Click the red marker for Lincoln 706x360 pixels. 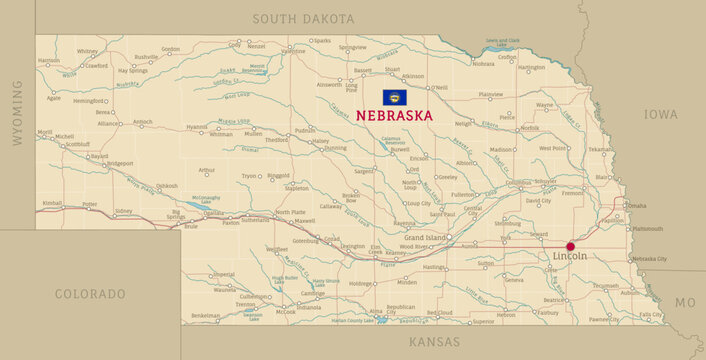point(571,246)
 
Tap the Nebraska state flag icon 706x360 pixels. point(393,98)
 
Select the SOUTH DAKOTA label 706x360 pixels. point(303,19)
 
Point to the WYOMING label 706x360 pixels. point(17,114)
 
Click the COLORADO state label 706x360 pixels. point(90,294)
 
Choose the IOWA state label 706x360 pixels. point(660,115)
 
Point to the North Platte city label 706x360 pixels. point(290,212)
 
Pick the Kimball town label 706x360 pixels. point(51,203)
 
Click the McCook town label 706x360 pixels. point(286,311)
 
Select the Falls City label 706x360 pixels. point(651,315)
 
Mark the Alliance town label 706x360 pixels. point(108,123)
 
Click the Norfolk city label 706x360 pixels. point(529,128)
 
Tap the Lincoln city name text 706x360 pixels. point(570,257)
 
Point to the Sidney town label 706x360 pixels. point(123,211)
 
